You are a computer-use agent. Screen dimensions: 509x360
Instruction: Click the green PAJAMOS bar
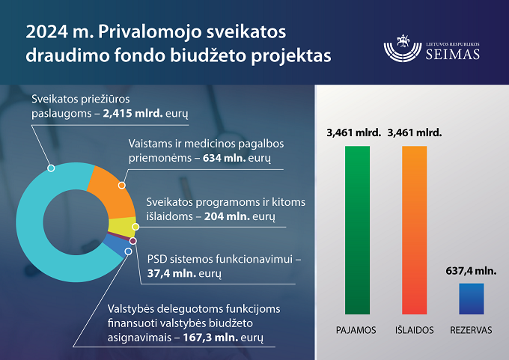point(357,231)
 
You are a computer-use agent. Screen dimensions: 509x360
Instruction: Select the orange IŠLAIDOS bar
point(414,231)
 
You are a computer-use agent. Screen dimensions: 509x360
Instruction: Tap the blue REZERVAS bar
point(472,299)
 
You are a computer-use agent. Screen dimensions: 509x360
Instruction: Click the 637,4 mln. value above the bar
point(471,271)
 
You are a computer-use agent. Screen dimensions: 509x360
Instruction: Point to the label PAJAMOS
point(356,330)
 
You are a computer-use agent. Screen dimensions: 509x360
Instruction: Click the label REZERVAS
point(471,330)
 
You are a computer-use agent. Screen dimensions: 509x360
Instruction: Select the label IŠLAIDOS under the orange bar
point(414,330)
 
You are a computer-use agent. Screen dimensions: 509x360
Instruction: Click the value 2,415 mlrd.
point(132,113)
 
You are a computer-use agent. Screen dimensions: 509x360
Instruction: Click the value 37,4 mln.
point(171,273)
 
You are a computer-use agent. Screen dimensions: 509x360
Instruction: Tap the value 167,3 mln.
point(210,338)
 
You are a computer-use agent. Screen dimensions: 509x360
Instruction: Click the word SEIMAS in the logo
point(453,54)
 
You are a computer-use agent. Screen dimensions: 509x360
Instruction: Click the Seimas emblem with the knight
point(403,48)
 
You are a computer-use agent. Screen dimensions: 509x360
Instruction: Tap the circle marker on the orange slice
point(122,186)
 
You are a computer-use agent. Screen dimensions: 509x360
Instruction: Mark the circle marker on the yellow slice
point(135,227)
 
